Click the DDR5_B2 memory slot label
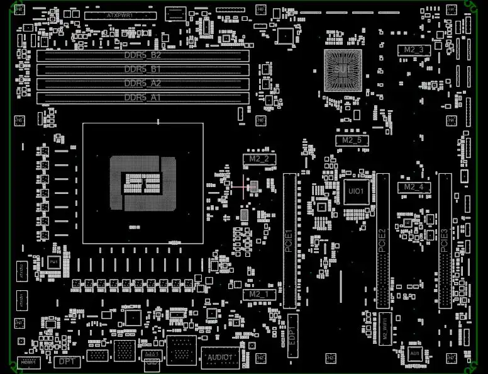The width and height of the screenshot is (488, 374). tap(143, 55)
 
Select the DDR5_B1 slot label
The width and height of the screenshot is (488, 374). tap(143, 69)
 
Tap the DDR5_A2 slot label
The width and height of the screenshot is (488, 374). tap(143, 83)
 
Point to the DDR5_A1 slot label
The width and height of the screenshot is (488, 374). tap(143, 98)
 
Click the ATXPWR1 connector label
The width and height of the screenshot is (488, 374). tap(120, 14)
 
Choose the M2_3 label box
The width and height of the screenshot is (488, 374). tap(413, 49)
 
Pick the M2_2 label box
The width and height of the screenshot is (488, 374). tap(258, 159)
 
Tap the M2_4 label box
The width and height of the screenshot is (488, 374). tap(413, 187)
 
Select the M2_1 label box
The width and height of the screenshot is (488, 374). tap(258, 294)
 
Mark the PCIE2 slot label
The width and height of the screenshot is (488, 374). tap(382, 241)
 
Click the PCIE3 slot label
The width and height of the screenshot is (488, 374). tap(445, 241)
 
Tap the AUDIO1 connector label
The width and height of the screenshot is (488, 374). tap(219, 358)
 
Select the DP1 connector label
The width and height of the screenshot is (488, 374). tap(67, 362)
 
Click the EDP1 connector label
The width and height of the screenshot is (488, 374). tap(292, 327)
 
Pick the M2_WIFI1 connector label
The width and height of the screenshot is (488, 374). tap(385, 327)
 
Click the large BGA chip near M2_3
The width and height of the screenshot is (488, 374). tap(343, 69)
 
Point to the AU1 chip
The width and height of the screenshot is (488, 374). tap(414, 354)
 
